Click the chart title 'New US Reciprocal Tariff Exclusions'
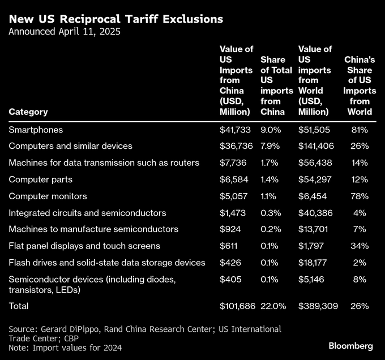116,19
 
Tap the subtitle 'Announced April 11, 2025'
65,32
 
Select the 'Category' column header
28,112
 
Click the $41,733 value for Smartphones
234,130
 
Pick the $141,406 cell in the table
316,146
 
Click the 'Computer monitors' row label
48,196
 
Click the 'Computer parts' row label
40,179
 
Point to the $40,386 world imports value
314,213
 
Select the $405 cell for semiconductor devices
229,279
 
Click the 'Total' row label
19,306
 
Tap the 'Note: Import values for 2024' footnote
65,348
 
